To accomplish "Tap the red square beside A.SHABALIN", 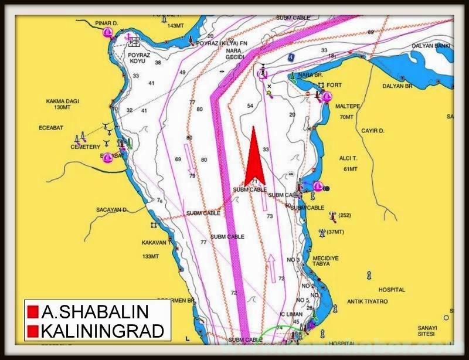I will [x=33, y=311].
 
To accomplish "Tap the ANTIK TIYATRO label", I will [x=367, y=301].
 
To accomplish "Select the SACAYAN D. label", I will [x=111, y=209].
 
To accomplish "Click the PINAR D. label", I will [x=106, y=23].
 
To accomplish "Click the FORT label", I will [x=334, y=85].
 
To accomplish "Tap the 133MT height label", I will [x=151, y=256].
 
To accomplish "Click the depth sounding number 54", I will [x=250, y=106].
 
